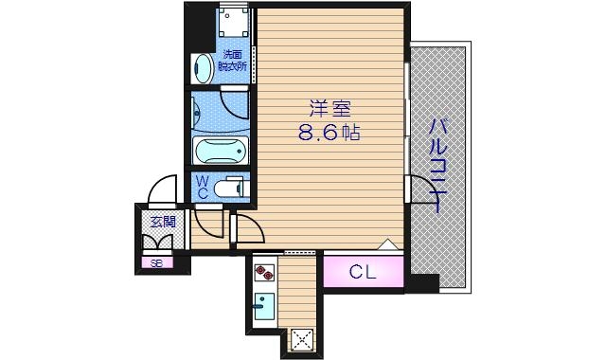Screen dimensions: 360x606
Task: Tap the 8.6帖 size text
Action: [x=329, y=133]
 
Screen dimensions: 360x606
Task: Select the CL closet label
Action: [x=363, y=273]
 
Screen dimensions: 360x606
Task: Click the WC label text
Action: [x=203, y=187]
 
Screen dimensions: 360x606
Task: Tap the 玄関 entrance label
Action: [x=162, y=223]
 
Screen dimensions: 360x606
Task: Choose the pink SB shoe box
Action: [x=156, y=262]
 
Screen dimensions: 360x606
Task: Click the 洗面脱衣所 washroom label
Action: [x=232, y=62]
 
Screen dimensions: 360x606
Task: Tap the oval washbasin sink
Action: [x=203, y=66]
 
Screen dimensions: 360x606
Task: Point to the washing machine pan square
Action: [x=233, y=25]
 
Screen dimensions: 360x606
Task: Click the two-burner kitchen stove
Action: [x=264, y=275]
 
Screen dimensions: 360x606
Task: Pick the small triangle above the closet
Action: [x=386, y=244]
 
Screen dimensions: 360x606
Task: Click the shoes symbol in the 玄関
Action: [x=162, y=241]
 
